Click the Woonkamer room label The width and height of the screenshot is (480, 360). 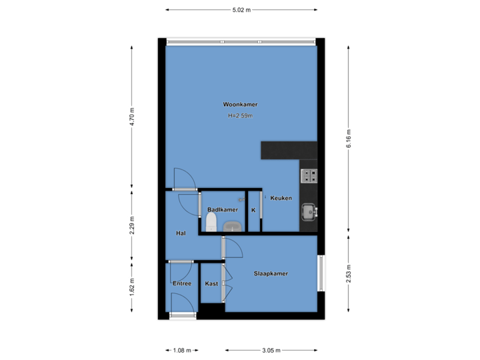[x=241, y=105]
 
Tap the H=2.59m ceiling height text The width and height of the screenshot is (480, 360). [x=241, y=116]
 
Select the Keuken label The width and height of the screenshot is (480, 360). [x=281, y=198]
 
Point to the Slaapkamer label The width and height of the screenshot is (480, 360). [x=271, y=273]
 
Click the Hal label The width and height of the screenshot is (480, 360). [x=180, y=233]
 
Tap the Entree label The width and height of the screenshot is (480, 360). [x=182, y=284]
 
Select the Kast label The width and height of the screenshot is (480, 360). [x=211, y=284]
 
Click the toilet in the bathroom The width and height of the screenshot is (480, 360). [x=211, y=221]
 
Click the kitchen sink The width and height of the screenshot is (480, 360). [x=308, y=212]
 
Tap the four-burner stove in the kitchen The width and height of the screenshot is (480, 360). [x=309, y=175]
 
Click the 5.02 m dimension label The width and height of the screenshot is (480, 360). [x=241, y=10]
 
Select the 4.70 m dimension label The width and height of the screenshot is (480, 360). [x=132, y=117]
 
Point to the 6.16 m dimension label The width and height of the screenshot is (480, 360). [x=349, y=138]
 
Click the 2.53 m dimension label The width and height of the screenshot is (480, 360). [x=349, y=273]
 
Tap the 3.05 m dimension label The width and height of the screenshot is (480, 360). [x=271, y=350]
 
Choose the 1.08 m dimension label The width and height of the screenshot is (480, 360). [x=182, y=350]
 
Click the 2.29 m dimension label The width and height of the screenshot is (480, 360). [x=132, y=225]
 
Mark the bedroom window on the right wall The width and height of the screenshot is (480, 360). [x=321, y=273]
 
